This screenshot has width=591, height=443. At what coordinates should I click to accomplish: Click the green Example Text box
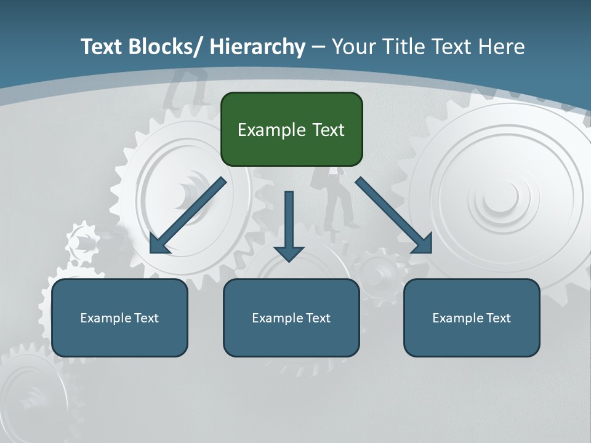tap(291, 129)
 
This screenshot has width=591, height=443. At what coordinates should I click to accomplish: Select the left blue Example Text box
tap(119, 317)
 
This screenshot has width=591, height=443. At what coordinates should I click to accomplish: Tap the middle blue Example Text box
tap(291, 317)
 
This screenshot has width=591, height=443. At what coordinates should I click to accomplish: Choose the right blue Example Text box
tap(472, 317)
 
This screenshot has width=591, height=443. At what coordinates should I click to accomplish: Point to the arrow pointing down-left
tap(188, 215)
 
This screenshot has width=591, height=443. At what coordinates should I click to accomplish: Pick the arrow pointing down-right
tap(394, 215)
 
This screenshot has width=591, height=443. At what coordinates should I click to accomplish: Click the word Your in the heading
tap(352, 47)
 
